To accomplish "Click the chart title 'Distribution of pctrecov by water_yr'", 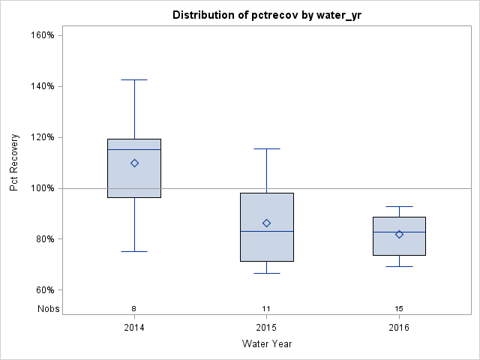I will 266,15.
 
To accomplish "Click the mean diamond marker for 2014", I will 134,163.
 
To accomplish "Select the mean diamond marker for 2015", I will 267,223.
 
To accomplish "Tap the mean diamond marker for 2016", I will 399,234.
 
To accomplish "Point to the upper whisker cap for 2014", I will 134,79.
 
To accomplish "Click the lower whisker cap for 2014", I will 134,251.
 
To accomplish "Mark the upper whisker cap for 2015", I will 267,148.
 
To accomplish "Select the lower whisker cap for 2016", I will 399,266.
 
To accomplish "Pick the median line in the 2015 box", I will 267,231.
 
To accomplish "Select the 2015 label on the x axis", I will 267,328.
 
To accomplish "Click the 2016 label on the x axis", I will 399,328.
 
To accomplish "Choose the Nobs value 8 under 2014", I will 134,308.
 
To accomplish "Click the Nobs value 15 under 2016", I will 399,308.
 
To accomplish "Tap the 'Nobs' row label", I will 48,308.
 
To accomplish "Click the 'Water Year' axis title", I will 266,344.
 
